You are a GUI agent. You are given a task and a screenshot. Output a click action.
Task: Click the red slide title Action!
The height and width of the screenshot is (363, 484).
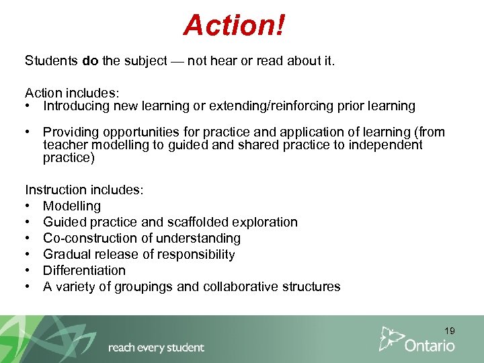235,26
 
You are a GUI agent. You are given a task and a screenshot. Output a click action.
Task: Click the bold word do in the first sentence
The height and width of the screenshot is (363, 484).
90,61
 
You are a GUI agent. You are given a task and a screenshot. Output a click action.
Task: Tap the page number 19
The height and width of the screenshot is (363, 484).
449,331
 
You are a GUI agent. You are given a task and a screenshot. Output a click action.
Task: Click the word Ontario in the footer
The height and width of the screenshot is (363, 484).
430,346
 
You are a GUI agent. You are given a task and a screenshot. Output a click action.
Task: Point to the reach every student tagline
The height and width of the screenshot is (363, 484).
156,348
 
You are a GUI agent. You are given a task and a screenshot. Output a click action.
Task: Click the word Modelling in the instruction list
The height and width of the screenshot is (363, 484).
72,206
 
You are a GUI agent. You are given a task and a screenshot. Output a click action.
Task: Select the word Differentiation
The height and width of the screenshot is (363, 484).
84,270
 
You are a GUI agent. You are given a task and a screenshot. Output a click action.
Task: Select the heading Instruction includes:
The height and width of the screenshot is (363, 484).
84,190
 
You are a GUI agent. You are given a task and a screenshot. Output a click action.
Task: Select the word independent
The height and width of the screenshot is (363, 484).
385,145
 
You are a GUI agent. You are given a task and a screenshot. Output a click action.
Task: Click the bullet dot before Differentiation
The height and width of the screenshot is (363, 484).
30,270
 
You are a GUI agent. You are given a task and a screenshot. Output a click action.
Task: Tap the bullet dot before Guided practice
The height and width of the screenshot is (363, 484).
30,222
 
